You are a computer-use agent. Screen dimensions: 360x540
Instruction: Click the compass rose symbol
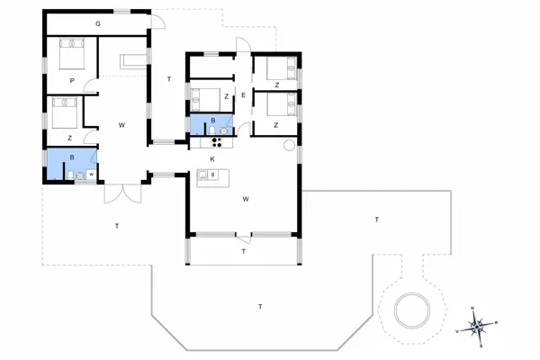pos(479,326)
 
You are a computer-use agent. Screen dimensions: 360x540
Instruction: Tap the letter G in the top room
pos(97,23)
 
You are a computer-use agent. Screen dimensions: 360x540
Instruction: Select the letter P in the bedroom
pos(71,80)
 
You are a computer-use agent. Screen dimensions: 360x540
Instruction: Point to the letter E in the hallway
pos(243,94)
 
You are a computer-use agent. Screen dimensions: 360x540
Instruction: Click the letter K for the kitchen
pos(212,158)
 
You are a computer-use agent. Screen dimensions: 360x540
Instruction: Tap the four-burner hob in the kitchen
pos(217,139)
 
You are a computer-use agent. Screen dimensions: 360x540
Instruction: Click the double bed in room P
pos(69,57)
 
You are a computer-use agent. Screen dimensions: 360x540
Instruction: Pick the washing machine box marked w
pos(91,174)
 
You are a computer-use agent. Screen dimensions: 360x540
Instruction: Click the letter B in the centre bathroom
pos(213,121)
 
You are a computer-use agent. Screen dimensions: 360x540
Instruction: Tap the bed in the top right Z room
pos(284,67)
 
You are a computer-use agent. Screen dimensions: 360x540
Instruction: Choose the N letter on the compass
pos(473,309)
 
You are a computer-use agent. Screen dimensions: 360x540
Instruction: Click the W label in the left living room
pos(121,125)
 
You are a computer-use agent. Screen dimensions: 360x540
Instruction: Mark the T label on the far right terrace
pos(377,219)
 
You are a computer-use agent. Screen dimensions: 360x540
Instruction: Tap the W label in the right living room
pos(245,200)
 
